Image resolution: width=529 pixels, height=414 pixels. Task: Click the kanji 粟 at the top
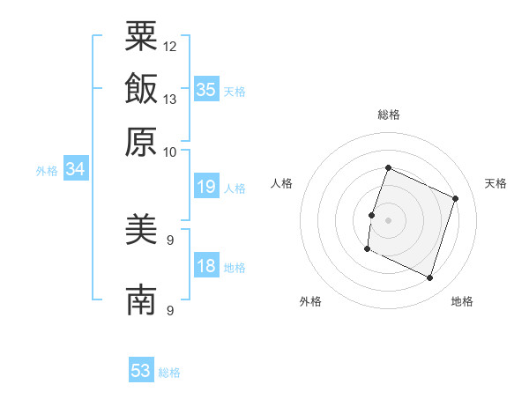[x=141, y=36]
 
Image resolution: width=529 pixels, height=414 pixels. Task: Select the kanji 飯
[x=141, y=88]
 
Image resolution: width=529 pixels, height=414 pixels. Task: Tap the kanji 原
[x=141, y=142]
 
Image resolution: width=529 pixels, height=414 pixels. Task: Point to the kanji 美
[x=141, y=229]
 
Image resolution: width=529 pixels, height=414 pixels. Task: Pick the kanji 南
[x=141, y=299]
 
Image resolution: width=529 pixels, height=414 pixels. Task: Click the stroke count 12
[x=169, y=47]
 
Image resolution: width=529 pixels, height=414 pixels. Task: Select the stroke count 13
[x=169, y=100]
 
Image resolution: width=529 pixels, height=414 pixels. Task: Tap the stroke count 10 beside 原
[x=169, y=152]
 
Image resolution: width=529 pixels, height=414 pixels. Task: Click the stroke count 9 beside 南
[x=170, y=310]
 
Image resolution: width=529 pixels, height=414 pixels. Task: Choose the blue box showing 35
[x=206, y=89]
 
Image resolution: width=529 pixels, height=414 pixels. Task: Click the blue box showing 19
[x=206, y=186]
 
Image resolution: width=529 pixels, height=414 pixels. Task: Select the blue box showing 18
[x=206, y=264]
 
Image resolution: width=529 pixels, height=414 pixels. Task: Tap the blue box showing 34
[x=76, y=168]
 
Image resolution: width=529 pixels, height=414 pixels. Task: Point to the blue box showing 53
[x=141, y=369]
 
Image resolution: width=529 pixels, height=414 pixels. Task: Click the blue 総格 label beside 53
[x=169, y=373]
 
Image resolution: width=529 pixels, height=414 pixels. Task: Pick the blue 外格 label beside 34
[x=47, y=171]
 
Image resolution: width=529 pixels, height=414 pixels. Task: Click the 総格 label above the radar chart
[x=389, y=115]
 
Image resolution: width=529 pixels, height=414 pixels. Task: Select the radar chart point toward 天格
[x=455, y=198]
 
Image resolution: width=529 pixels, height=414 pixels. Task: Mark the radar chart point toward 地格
[x=429, y=277]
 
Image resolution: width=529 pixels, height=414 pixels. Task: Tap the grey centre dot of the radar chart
[x=388, y=220]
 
